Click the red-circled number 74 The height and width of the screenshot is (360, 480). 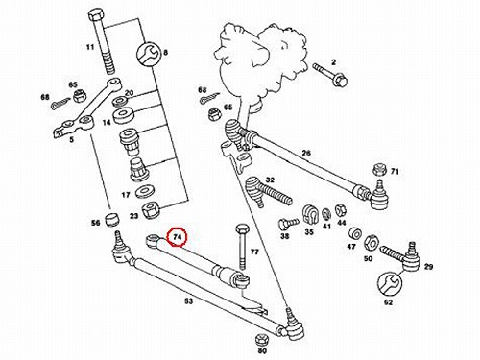(x=178, y=237)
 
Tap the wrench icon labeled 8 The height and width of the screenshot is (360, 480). (x=147, y=54)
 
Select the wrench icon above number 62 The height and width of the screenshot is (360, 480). (x=389, y=283)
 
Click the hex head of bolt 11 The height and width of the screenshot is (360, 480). (x=95, y=15)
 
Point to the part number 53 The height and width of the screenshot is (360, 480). (x=189, y=301)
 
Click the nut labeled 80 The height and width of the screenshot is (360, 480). (x=261, y=339)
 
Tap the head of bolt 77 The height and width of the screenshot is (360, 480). (x=242, y=229)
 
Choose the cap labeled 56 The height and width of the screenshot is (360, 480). (x=112, y=218)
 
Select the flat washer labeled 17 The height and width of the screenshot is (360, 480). (x=144, y=191)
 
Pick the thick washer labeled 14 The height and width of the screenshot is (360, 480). (x=123, y=115)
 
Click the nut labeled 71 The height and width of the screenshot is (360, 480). (x=380, y=170)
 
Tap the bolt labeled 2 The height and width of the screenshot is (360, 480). (x=330, y=75)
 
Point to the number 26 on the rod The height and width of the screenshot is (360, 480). (x=306, y=154)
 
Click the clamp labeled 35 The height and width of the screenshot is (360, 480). (x=309, y=214)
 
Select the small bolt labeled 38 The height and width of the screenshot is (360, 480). (x=288, y=222)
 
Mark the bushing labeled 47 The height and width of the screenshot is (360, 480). (x=355, y=234)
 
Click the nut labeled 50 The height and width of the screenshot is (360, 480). (x=372, y=242)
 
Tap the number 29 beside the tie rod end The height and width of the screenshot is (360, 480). (x=428, y=266)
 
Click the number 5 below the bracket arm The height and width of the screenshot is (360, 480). (x=72, y=140)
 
